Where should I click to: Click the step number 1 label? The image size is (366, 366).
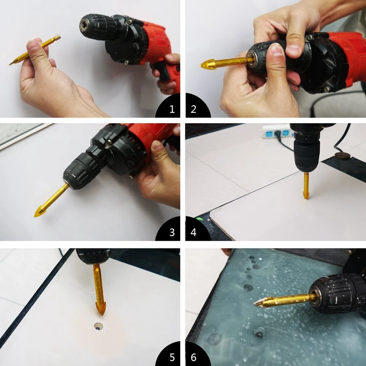pos(172,109)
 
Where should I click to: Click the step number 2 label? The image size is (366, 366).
pos(194,109)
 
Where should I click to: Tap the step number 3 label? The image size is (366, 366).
pos(172,232)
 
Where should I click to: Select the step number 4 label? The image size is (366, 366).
pos(194,232)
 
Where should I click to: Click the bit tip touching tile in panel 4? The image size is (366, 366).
pos(306,195)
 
